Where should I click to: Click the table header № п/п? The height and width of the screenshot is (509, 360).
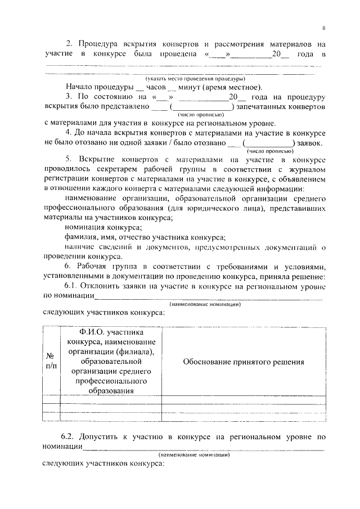point(51,362)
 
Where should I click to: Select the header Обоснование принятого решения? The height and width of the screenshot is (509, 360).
point(243,362)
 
